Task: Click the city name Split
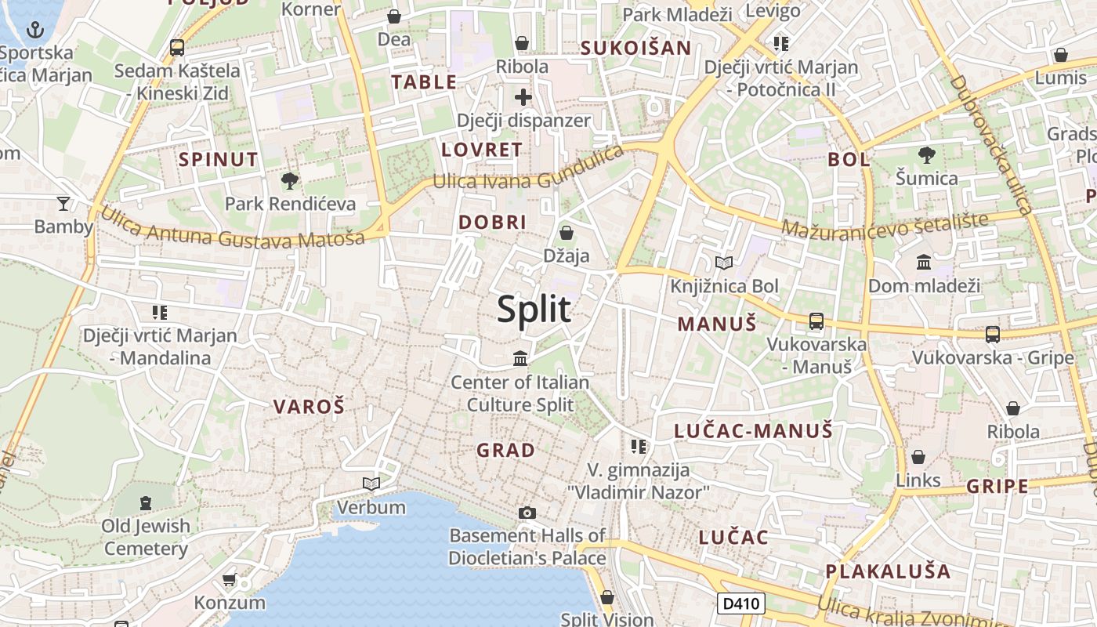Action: (x=534, y=310)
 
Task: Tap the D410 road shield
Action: (x=740, y=603)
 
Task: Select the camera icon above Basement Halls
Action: (x=527, y=513)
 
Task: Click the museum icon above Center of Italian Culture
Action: (x=520, y=359)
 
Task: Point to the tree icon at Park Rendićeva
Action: (x=290, y=181)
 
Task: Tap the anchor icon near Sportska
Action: (x=34, y=31)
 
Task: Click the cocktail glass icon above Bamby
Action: (x=63, y=204)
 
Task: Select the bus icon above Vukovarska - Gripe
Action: (x=993, y=335)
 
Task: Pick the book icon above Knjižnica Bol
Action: (x=724, y=263)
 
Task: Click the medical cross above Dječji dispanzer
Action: (x=523, y=98)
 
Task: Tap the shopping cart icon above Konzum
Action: (x=229, y=580)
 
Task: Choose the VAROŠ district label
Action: (x=309, y=406)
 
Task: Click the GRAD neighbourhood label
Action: (x=506, y=450)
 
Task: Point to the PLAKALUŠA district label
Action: (x=888, y=571)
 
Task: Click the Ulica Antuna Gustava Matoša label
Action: (x=233, y=227)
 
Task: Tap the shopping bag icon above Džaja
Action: (x=566, y=233)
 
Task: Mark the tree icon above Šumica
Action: (x=927, y=155)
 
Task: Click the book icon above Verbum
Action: (x=371, y=484)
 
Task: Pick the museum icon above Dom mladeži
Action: (x=924, y=262)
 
